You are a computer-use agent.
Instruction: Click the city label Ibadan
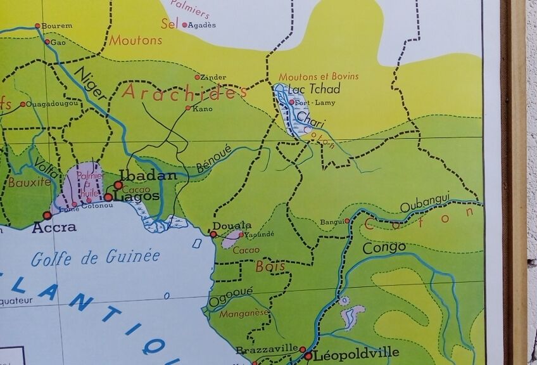pos(148,175)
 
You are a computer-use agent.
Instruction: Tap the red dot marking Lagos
pos(108,197)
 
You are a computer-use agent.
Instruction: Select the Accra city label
pos(54,227)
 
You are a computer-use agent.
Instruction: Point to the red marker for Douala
pos(213,234)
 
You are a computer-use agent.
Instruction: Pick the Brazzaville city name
pos(267,349)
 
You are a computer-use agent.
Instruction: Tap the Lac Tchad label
pos(313,89)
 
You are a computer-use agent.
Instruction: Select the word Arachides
pos(184,93)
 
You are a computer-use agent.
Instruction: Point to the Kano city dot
pos(188,108)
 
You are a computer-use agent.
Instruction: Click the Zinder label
pos(213,77)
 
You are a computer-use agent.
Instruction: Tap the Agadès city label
pos(202,25)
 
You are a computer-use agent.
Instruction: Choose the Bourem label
pos(57,26)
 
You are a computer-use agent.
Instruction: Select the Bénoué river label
pos(211,159)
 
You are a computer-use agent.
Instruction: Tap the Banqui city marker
pos(347,221)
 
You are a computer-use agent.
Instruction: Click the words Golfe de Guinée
pos(95,257)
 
